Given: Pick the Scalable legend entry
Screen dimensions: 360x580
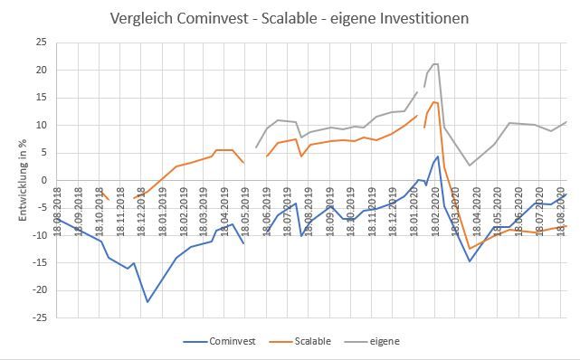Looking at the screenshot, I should [310, 342].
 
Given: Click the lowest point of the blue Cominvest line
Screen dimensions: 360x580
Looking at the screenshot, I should [147, 302].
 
